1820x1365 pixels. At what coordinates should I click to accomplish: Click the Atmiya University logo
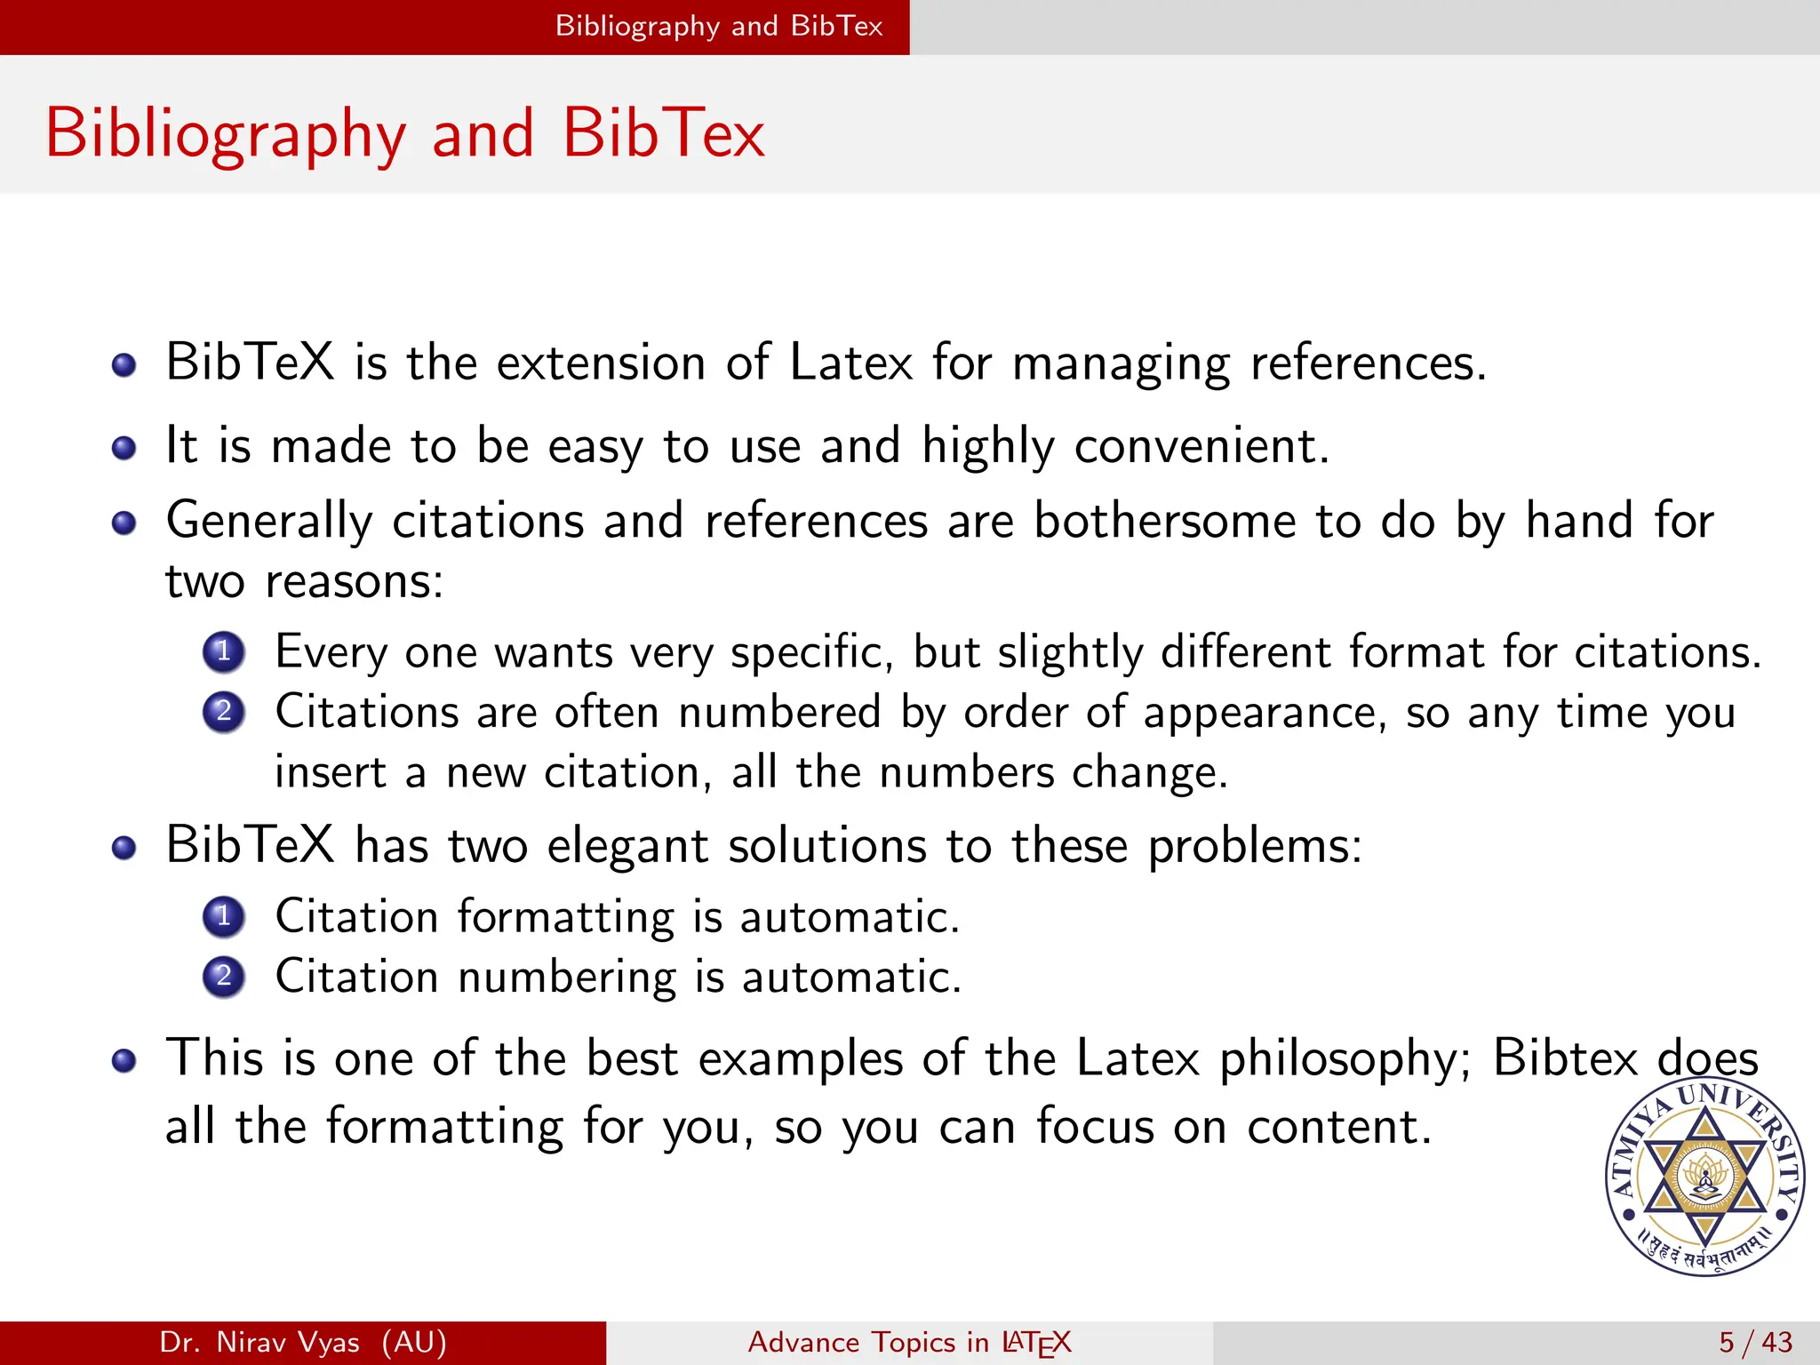[x=1704, y=1177]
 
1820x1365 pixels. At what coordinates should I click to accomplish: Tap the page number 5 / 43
[x=1755, y=1342]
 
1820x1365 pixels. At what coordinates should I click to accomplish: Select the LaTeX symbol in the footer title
[x=1036, y=1342]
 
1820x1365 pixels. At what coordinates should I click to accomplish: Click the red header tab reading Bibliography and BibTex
[x=718, y=27]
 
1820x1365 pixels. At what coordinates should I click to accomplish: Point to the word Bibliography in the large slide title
[x=226, y=133]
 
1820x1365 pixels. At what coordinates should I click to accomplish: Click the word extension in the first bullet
[x=601, y=363]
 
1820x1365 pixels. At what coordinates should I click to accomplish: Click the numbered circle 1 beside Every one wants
[x=223, y=651]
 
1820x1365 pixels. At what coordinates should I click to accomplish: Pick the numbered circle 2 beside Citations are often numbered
[x=223, y=712]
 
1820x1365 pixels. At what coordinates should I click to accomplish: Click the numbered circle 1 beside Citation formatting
[x=223, y=916]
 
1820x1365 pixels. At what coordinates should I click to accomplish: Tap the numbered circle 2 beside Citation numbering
[x=223, y=977]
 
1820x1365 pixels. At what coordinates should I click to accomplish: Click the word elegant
[x=627, y=845]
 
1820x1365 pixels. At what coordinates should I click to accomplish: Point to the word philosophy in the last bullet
[x=1345, y=1059]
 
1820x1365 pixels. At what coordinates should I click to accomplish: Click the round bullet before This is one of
[x=124, y=1060]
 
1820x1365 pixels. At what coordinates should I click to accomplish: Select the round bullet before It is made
[x=124, y=447]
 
